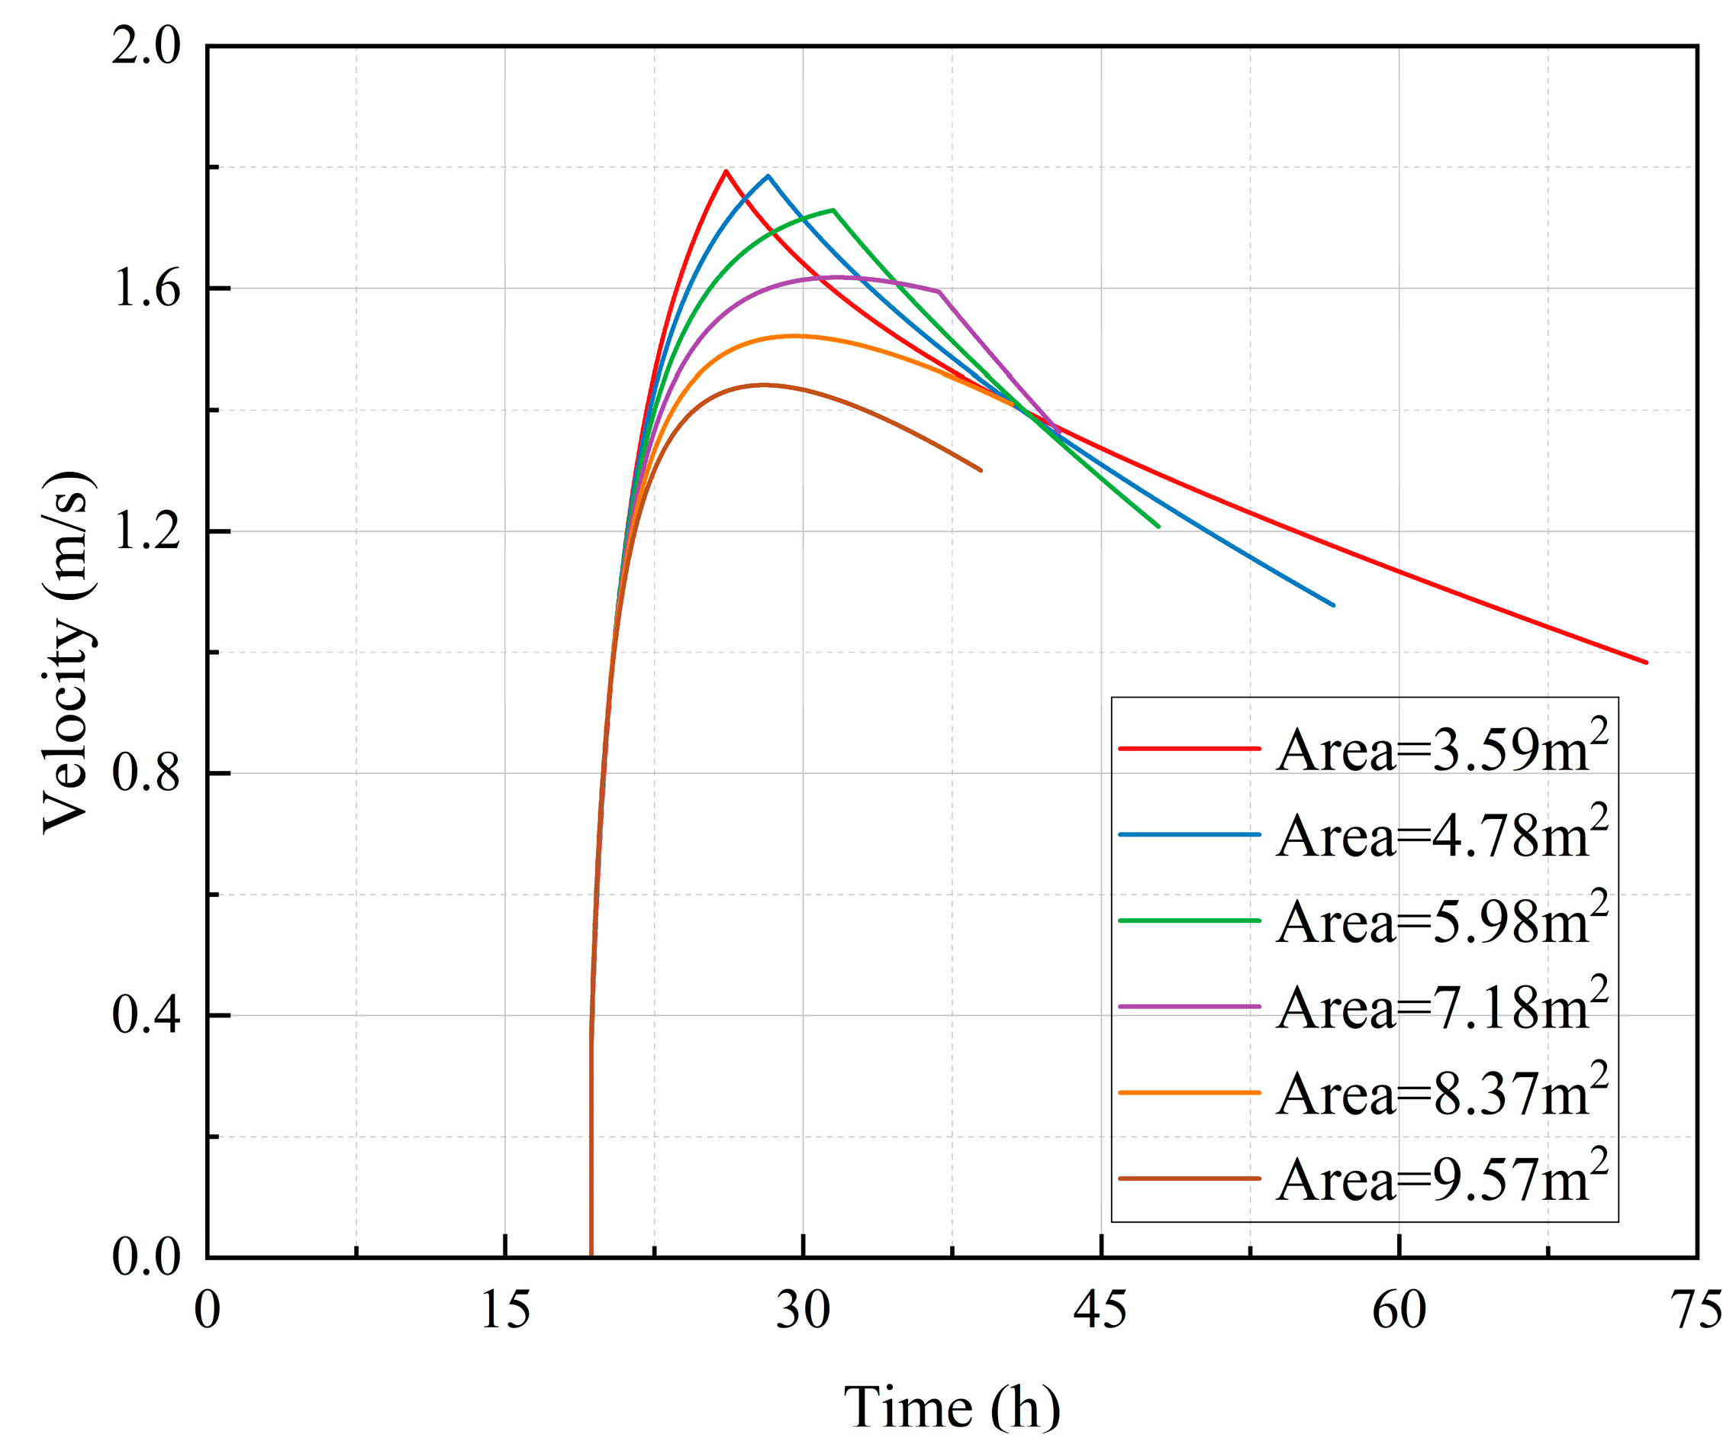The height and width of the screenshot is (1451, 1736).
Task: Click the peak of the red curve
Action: click(726, 171)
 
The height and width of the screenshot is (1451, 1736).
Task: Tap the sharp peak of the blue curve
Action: click(768, 176)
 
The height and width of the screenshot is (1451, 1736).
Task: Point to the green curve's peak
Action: click(833, 210)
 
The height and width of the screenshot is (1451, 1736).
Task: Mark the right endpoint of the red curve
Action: click(1646, 663)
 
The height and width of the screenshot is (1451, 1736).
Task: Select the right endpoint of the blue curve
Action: click(1333, 605)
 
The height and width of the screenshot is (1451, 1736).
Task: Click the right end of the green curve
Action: click(1158, 527)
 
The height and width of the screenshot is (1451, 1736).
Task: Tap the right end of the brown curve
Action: click(981, 470)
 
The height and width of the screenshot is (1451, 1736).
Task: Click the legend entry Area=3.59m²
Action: click(1441, 748)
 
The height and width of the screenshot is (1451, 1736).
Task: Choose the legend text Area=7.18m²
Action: click(1441, 1007)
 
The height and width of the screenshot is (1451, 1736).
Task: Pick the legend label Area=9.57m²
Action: click(1441, 1179)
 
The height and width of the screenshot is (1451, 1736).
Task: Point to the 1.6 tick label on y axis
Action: click(146, 289)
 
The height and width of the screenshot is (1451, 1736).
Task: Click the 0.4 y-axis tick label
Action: click(146, 1015)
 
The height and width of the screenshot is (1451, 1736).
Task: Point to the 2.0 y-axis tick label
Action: click(146, 47)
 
